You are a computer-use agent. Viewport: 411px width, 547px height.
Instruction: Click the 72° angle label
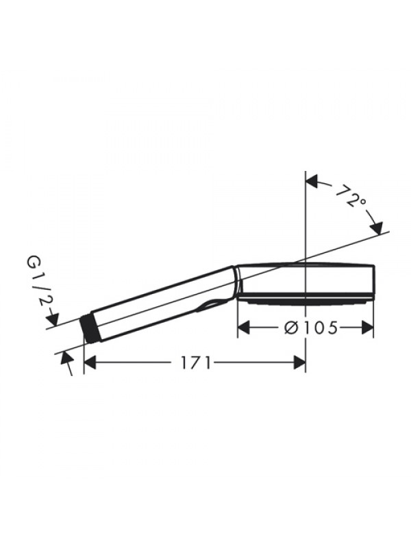tap(351, 197)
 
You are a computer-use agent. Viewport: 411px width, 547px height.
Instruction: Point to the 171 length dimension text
tap(196, 363)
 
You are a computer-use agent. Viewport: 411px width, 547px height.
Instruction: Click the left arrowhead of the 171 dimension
tap(90, 362)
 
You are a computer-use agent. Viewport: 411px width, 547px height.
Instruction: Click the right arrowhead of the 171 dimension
tap(300, 362)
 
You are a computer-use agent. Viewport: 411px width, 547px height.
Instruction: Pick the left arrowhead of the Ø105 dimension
tap(244, 328)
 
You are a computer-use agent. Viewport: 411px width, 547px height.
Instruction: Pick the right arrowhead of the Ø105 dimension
tap(368, 328)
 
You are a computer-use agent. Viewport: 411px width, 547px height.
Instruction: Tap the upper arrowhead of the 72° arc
tap(312, 182)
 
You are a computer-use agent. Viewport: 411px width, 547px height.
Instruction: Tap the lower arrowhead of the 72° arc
tap(377, 228)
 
